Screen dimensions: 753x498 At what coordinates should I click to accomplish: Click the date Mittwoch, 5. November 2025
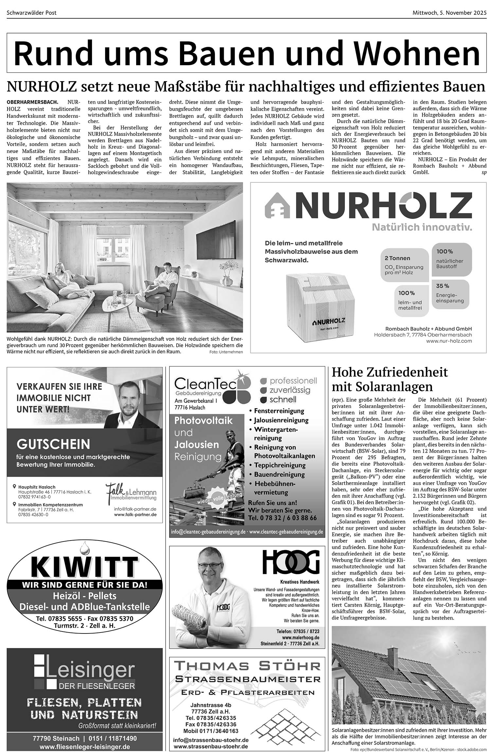pyautogui.click(x=449, y=13)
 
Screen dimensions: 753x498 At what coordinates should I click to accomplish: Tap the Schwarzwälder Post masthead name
pyautogui.click(x=32, y=13)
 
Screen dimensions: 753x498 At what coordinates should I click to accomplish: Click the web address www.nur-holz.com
pyautogui.click(x=449, y=341)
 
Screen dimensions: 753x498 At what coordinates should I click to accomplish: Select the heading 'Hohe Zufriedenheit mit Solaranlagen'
pyautogui.click(x=390, y=379)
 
